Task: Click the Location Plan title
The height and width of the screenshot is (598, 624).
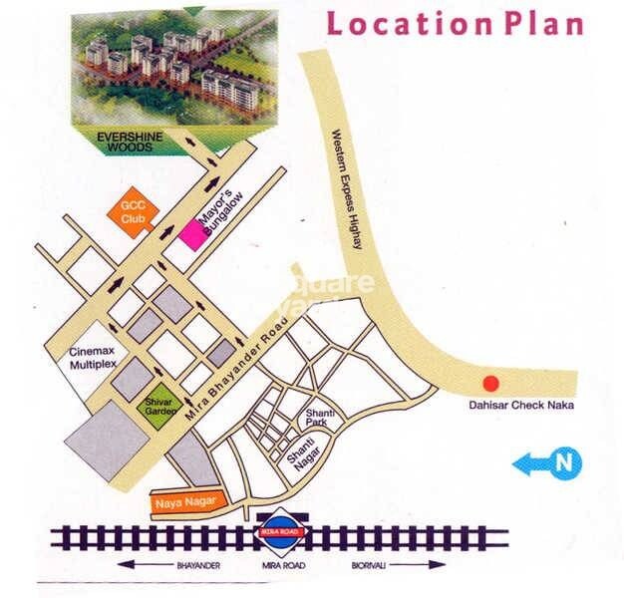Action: coord(455,23)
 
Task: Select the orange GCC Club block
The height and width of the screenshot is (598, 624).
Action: coord(132,212)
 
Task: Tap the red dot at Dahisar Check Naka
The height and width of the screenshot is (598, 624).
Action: coord(489,383)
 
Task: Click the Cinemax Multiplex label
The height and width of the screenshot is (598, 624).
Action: coord(93,359)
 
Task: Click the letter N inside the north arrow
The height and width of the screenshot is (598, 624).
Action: coord(564,462)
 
